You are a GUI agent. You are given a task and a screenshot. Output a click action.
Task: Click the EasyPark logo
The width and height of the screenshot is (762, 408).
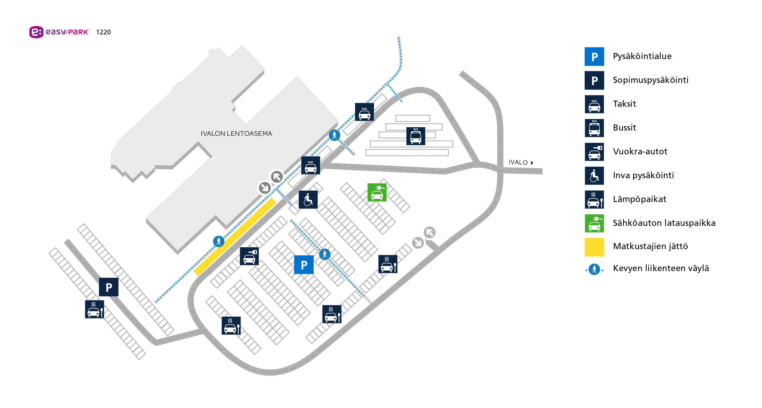[59, 32]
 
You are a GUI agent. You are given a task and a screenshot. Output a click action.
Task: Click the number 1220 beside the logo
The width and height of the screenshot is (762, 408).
[103, 32]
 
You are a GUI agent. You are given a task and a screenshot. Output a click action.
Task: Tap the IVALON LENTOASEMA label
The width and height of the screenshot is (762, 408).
[236, 133]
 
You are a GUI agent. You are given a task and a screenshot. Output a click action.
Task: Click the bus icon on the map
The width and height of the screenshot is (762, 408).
[415, 136]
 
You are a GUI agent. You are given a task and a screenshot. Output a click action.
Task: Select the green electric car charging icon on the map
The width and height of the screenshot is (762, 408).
[377, 192]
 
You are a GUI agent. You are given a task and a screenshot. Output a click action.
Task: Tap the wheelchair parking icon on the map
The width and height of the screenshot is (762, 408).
[308, 199]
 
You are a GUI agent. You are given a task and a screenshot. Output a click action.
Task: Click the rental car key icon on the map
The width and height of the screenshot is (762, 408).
[249, 256]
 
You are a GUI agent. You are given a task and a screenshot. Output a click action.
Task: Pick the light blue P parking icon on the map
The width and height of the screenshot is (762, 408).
[304, 264]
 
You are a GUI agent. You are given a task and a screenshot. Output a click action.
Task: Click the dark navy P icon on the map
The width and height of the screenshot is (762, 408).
[108, 287]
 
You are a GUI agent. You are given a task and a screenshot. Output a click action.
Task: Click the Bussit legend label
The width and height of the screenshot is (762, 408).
[624, 128]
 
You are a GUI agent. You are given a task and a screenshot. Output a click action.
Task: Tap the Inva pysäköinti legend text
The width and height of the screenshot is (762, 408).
[643, 175]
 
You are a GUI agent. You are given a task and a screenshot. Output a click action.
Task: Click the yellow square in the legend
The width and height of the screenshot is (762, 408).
[594, 247]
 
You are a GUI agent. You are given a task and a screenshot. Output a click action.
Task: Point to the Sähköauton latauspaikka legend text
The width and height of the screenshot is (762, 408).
[664, 223]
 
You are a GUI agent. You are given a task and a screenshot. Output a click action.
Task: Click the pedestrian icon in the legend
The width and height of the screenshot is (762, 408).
[594, 269]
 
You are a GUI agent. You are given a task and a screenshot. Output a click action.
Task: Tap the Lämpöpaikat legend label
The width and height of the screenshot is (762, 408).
[639, 199]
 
